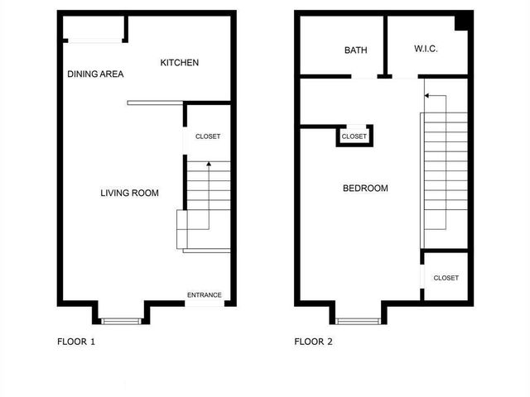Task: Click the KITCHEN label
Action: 179,63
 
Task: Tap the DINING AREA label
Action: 95,74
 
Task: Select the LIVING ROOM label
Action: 129,194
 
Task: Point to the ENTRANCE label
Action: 204,295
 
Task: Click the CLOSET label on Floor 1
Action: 207,136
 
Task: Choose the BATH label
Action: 355,50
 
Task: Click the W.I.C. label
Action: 426,50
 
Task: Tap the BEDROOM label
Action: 365,189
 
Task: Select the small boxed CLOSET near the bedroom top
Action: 354,136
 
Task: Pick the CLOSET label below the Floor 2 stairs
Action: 446,279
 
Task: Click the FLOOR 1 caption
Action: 76,341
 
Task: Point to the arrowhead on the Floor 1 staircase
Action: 208,164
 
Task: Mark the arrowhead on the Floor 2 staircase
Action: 426,96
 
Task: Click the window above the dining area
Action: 92,39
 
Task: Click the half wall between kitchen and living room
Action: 154,103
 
